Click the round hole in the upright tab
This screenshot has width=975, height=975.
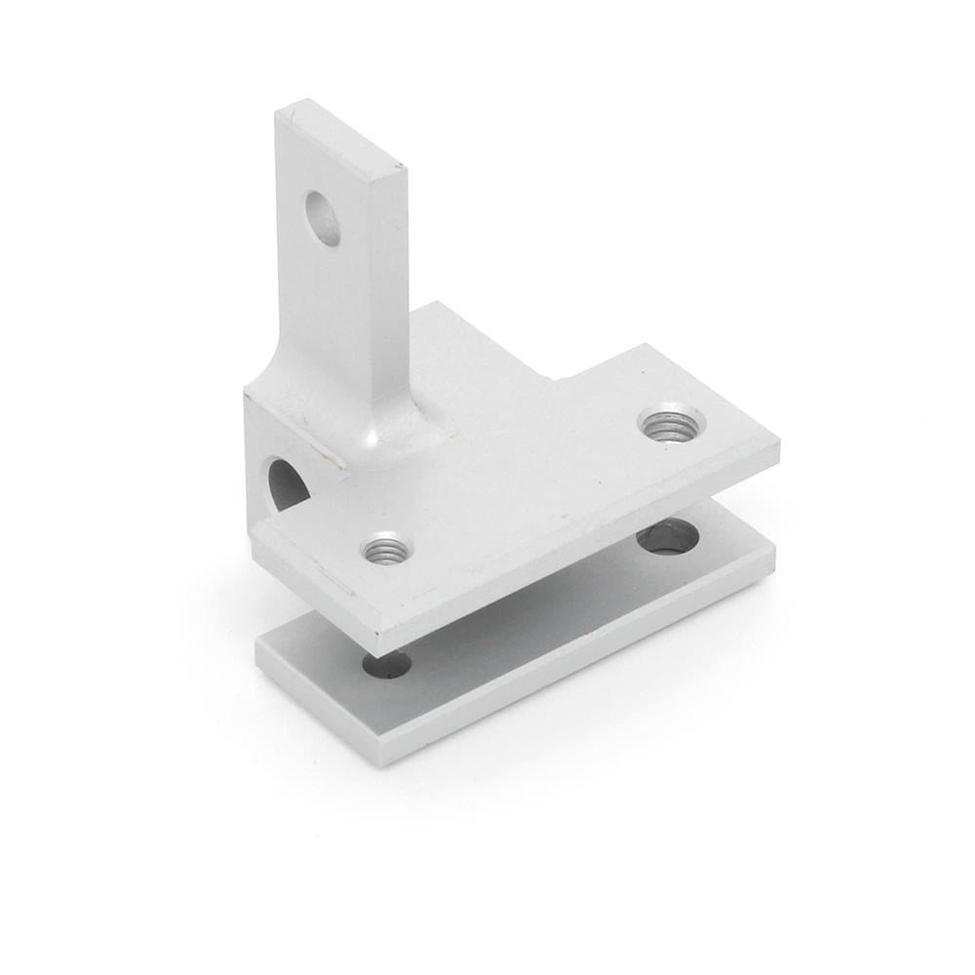point(323,218)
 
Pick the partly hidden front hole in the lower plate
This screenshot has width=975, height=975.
point(387,667)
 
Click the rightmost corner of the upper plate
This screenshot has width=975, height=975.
point(778,450)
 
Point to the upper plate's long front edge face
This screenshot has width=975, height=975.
point(585,556)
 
